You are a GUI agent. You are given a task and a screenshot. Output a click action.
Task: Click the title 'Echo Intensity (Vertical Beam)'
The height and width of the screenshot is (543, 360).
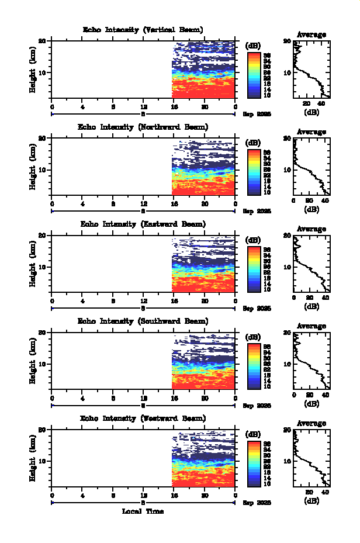pyautogui.click(x=143, y=30)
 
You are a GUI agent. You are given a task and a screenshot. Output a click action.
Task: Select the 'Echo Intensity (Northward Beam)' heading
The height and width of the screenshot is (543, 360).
pyautogui.click(x=143, y=127)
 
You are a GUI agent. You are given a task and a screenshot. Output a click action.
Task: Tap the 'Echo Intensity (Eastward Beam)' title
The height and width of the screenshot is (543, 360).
pyautogui.click(x=143, y=224)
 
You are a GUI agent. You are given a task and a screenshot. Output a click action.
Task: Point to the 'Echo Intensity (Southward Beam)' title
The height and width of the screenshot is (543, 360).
pyautogui.click(x=143, y=321)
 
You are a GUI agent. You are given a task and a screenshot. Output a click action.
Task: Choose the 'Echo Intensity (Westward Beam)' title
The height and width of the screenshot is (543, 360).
pyautogui.click(x=143, y=419)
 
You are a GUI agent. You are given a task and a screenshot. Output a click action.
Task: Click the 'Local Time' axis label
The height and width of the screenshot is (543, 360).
pyautogui.click(x=143, y=511)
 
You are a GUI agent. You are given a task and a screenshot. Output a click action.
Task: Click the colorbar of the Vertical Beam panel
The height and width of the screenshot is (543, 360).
pyautogui.click(x=254, y=74)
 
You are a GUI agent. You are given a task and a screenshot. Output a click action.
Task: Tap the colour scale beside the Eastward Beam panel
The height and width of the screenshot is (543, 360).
pyautogui.click(x=254, y=269)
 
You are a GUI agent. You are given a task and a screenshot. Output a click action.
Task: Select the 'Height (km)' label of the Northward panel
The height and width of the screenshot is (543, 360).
pyautogui.click(x=33, y=166)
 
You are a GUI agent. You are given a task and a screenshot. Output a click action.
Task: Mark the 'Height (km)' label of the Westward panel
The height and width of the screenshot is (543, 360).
pyautogui.click(x=33, y=457)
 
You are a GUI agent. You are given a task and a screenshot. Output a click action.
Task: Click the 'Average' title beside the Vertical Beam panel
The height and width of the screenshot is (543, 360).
pyautogui.click(x=311, y=34)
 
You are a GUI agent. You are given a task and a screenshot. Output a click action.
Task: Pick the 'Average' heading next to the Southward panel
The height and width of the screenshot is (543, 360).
pyautogui.click(x=311, y=326)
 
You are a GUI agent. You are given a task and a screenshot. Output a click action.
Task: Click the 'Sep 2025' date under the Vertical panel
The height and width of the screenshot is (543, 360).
pyautogui.click(x=257, y=115)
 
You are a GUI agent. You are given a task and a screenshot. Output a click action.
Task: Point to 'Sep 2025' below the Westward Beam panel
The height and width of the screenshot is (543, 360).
pyautogui.click(x=257, y=503)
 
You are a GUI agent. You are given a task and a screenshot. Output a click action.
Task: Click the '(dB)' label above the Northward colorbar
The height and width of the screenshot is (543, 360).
pyautogui.click(x=254, y=143)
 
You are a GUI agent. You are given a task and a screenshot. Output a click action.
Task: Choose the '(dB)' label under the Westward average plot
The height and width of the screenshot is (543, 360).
pyautogui.click(x=311, y=501)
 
